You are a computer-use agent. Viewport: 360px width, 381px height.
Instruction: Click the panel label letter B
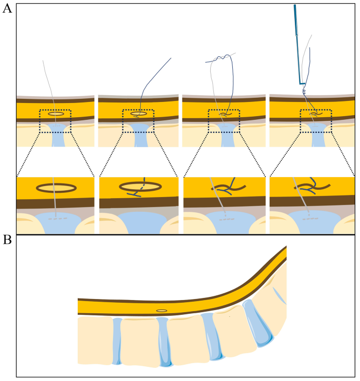point(7,240)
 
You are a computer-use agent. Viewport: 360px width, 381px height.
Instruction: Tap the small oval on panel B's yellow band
point(162,311)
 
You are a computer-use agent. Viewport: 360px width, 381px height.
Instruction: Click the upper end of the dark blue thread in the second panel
point(170,58)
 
